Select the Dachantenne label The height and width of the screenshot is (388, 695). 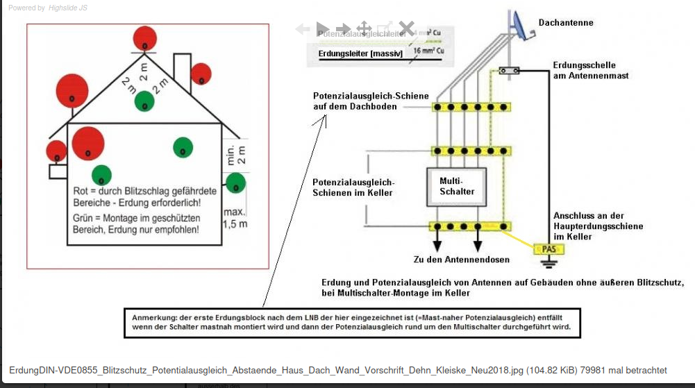pyautogui.click(x=566, y=23)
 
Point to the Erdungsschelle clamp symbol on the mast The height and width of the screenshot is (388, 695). pyautogui.click(x=510, y=70)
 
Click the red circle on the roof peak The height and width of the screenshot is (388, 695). pyautogui.click(x=144, y=37)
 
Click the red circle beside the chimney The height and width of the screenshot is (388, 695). pyautogui.click(x=201, y=74)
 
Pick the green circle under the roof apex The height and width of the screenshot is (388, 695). pyautogui.click(x=144, y=101)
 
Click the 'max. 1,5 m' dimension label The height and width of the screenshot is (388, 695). pyautogui.click(x=235, y=218)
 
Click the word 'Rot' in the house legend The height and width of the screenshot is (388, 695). pyautogui.click(x=81, y=191)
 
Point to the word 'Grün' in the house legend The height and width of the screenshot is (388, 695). pyautogui.click(x=84, y=217)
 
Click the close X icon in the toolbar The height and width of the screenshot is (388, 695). pyautogui.click(x=406, y=29)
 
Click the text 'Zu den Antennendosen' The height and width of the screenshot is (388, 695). pyautogui.click(x=461, y=260)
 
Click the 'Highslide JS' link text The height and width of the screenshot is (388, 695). pyautogui.click(x=69, y=8)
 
